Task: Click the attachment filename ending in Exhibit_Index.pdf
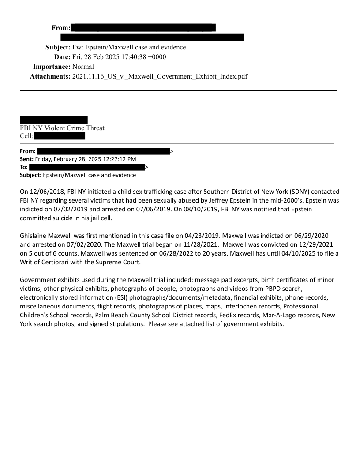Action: (160, 76)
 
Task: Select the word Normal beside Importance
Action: (83, 67)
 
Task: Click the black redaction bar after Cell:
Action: (59, 136)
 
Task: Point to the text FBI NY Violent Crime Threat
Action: (62, 128)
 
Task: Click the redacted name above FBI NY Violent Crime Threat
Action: (53, 120)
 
